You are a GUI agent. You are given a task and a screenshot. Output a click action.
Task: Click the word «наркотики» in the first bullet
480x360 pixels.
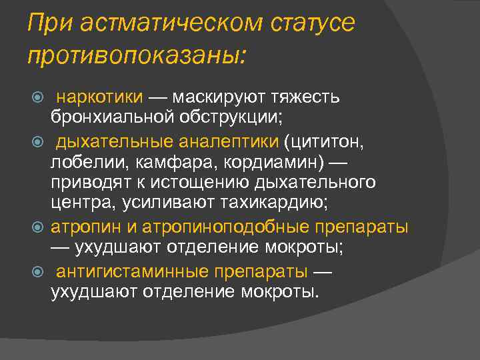tap(99, 97)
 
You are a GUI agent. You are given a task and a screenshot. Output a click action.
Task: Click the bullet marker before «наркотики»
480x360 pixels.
tap(39, 97)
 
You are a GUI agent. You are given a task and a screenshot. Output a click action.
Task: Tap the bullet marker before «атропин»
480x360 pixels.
tap(39, 227)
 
